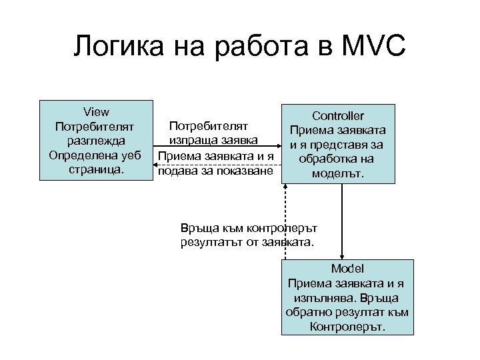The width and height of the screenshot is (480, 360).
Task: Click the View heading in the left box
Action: coord(96,111)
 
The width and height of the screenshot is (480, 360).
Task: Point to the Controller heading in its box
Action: coord(338,115)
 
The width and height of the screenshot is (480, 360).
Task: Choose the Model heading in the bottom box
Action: coord(347,269)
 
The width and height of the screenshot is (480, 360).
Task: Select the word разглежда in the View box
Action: coord(95,141)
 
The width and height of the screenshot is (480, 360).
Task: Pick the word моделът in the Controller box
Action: coord(337,174)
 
